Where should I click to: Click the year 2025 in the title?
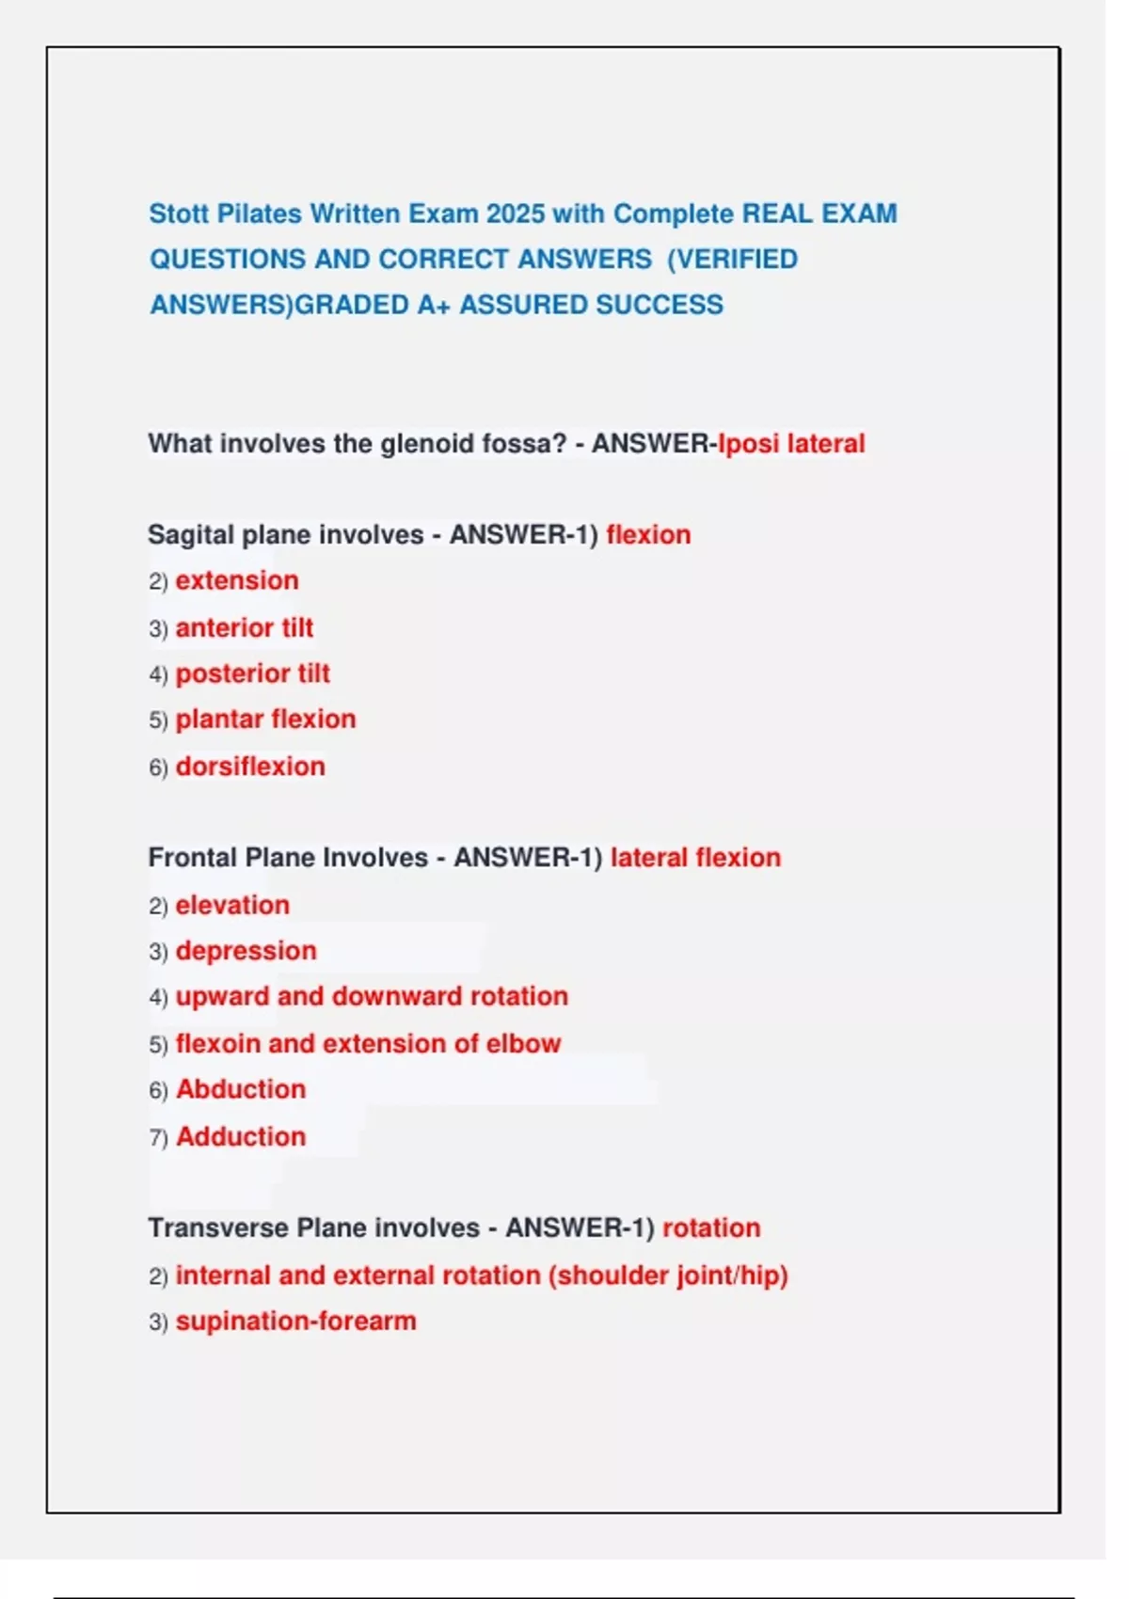[x=516, y=214]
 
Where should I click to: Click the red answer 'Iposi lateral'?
[x=791, y=443]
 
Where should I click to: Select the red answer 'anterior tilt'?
[x=244, y=627]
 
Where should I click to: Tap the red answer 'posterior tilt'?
[x=252, y=673]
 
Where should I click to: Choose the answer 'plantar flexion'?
[x=265, y=720]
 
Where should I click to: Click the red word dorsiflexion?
[x=250, y=767]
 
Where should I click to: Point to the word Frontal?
[x=192, y=858]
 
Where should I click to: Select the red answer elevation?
[x=232, y=905]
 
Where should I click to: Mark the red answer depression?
[x=246, y=951]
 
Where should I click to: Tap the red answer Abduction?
[x=241, y=1089]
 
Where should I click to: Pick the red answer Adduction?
[x=241, y=1136]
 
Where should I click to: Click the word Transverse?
[x=218, y=1228]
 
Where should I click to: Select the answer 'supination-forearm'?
[x=295, y=1321]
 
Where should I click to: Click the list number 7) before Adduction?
[x=158, y=1137]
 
